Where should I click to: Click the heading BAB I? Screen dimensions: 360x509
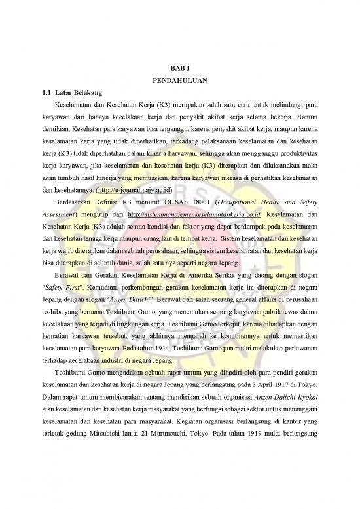[179, 68]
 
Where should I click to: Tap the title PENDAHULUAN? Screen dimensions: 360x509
[179, 81]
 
